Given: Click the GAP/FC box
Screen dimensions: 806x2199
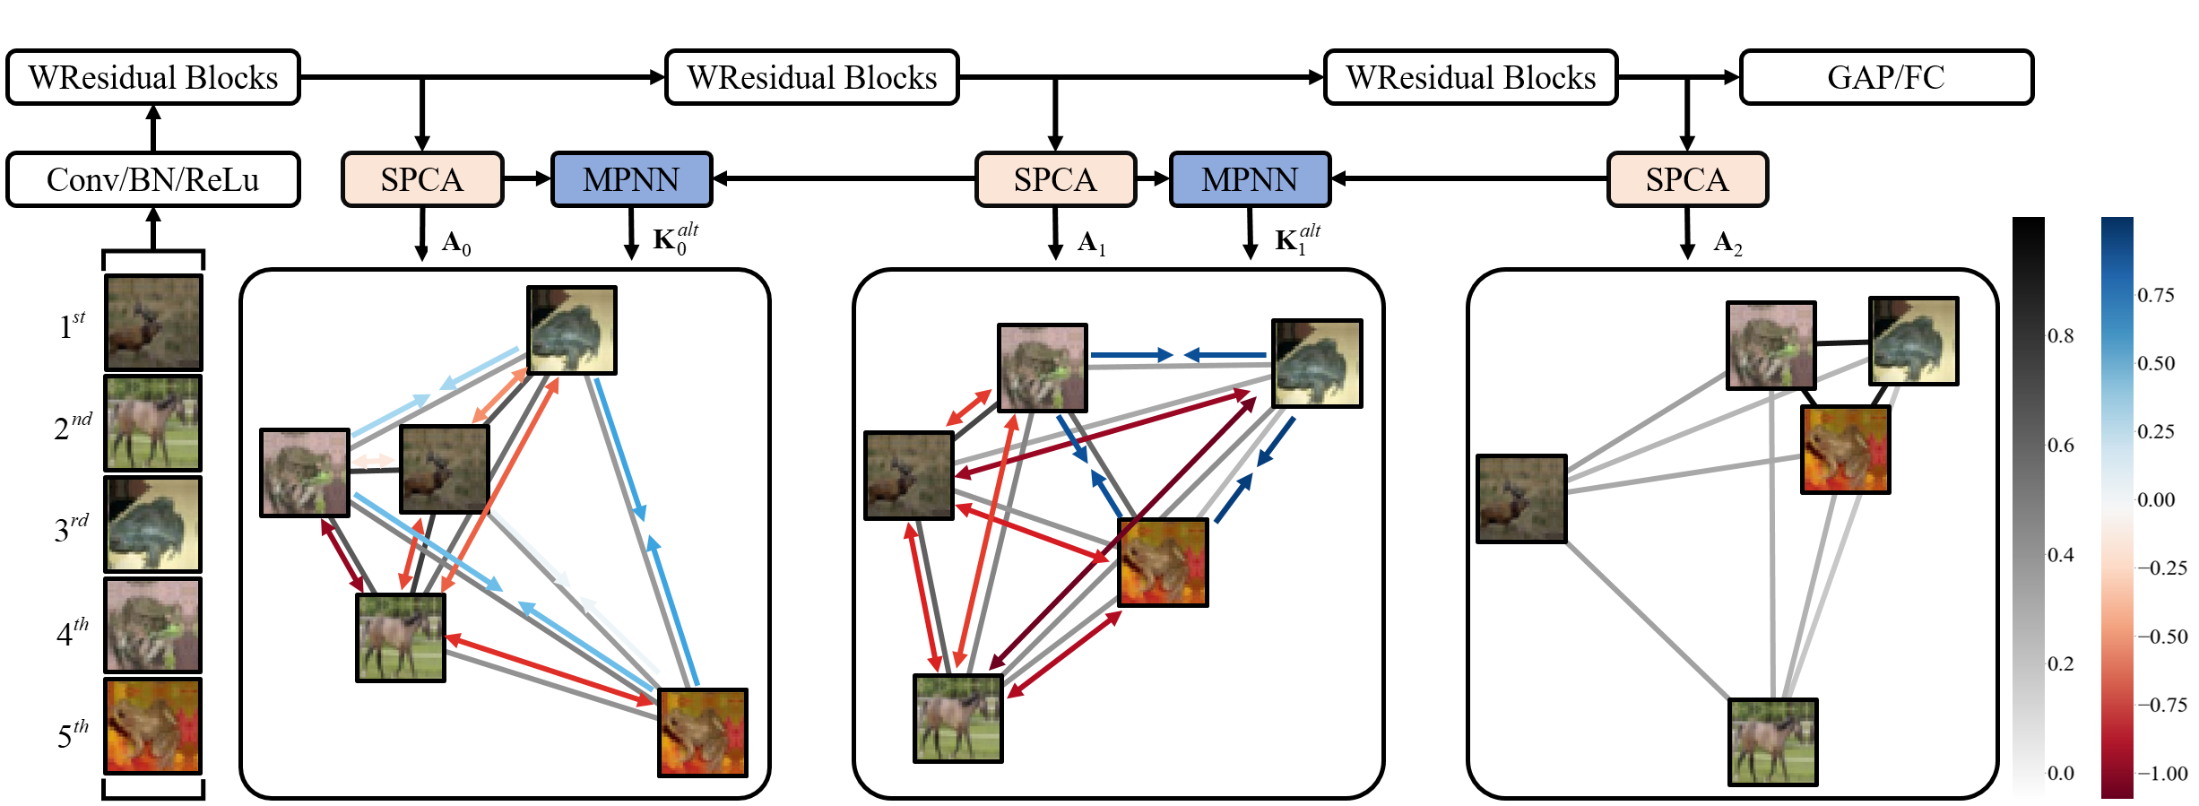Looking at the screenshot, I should point(1886,78).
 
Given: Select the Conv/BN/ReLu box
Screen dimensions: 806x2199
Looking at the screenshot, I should point(152,179).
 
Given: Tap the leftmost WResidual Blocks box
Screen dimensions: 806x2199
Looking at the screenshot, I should point(152,78).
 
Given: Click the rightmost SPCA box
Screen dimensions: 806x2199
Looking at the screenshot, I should point(1687,179).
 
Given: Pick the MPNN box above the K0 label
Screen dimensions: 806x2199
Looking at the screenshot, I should point(631,179).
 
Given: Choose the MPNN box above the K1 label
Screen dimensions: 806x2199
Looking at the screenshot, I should point(1250,179).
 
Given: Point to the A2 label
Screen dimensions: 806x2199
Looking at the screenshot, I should point(1727,243).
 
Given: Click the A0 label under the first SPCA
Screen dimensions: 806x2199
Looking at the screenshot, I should point(456,243).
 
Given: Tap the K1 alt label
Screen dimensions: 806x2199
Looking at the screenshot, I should point(1296,239).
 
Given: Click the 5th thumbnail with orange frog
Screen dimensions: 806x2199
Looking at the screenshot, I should point(153,726).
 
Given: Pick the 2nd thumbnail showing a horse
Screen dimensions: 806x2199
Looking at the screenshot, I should point(153,423).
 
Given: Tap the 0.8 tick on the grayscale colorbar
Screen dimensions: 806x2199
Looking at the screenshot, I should point(2061,336).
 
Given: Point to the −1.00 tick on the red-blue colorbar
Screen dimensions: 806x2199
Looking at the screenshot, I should point(2162,774).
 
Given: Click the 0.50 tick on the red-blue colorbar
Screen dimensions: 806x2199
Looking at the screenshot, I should point(2156,364).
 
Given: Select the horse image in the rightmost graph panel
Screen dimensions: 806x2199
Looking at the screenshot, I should point(1772,742).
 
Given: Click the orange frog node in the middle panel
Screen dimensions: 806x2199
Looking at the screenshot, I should point(1163,563).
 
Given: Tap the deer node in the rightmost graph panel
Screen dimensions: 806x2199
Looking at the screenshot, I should point(1521,499).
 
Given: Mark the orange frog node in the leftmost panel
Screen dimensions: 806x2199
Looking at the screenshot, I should point(702,732).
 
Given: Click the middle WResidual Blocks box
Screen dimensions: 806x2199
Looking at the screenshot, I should point(812,78).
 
